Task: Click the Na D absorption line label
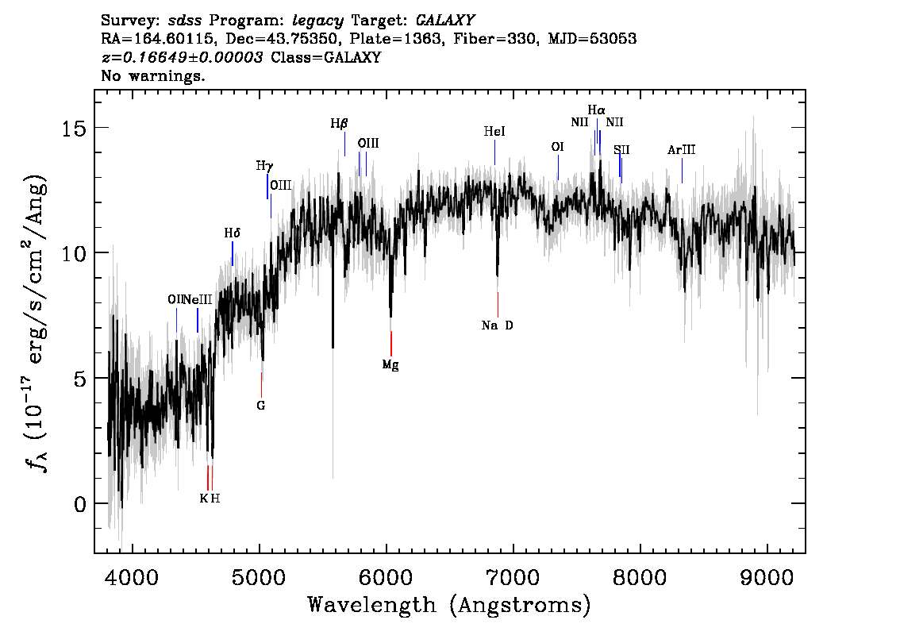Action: point(497,325)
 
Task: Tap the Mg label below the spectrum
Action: point(390,364)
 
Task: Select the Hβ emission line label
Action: point(339,123)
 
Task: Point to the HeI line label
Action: point(494,132)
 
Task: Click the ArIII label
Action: point(681,150)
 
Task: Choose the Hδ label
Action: point(232,233)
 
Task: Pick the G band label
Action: point(260,406)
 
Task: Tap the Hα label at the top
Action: point(596,110)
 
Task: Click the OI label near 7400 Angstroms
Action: point(557,147)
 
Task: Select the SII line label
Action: point(621,150)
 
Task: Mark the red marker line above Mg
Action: point(391,344)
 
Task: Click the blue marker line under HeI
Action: point(494,152)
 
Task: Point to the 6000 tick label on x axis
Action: point(386,578)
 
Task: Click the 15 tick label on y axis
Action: point(74,128)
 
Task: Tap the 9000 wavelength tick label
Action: point(766,578)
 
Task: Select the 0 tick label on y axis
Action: point(80,505)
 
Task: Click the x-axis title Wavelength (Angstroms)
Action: point(449,605)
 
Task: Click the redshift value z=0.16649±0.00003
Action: point(182,57)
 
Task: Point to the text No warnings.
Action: point(152,75)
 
